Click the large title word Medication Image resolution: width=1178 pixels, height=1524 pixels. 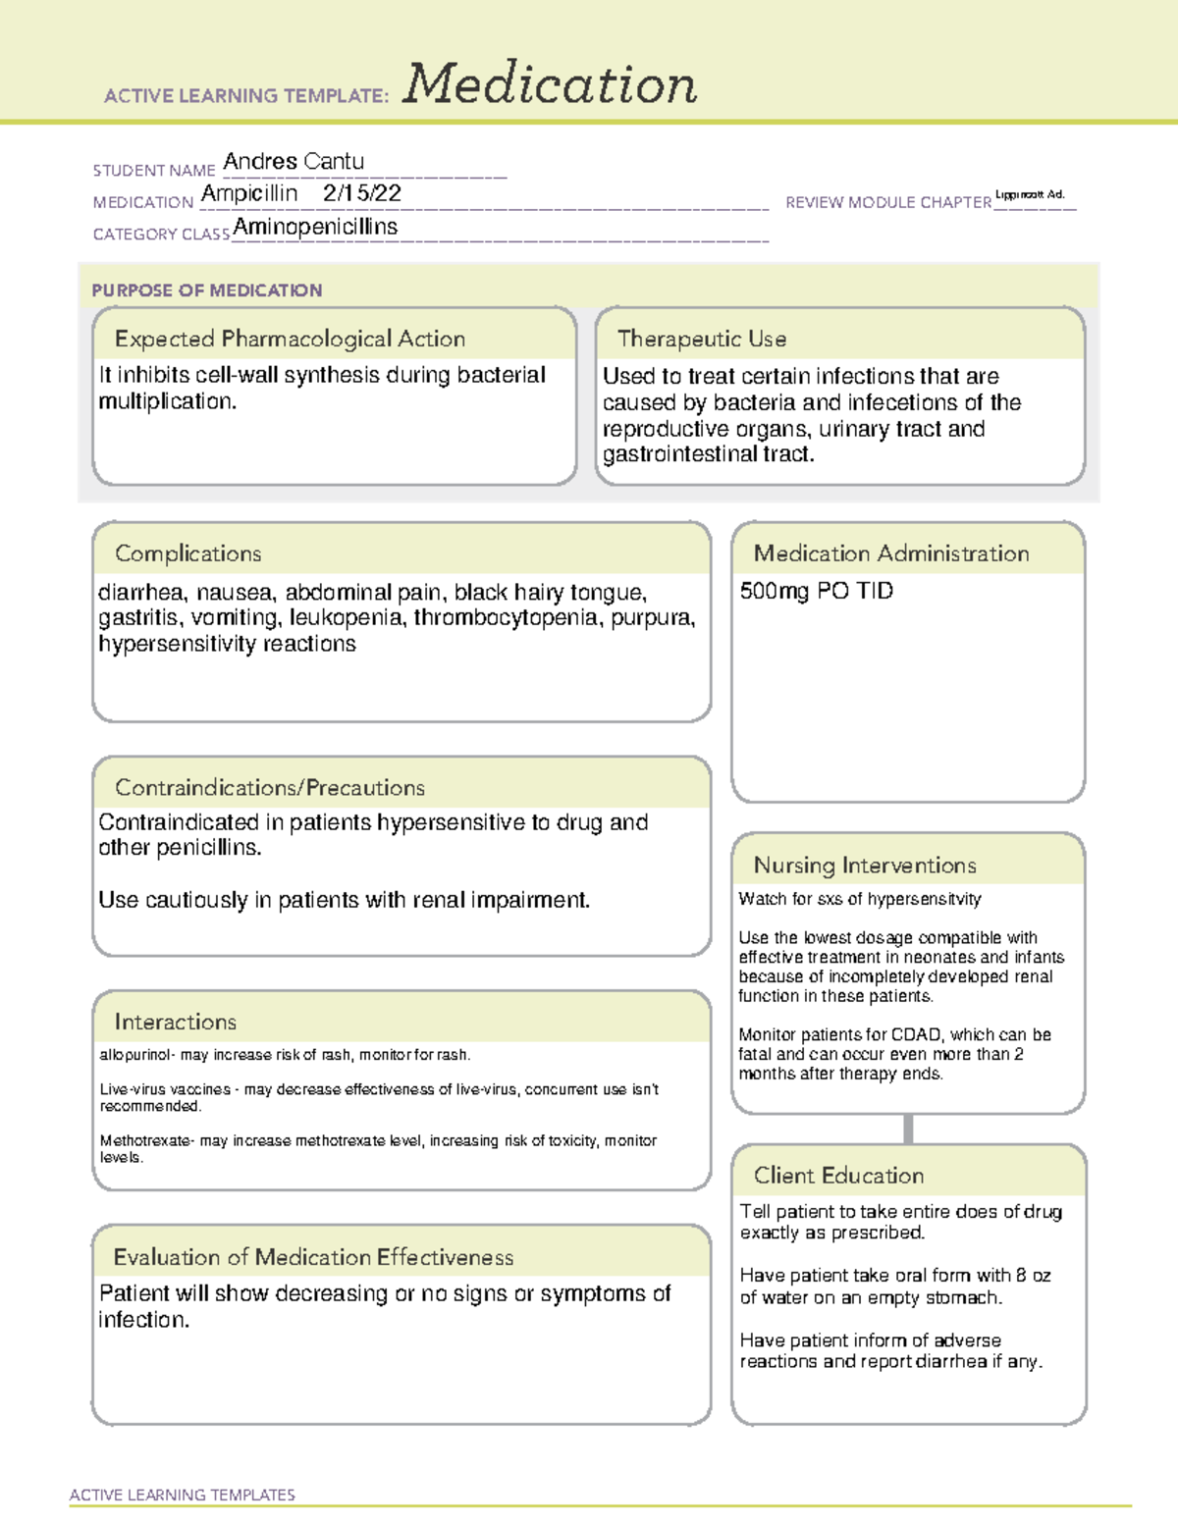point(550,84)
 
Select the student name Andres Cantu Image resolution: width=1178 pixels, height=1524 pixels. point(294,161)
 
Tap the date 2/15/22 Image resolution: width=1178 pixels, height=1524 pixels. point(361,193)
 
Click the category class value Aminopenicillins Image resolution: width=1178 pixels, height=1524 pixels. point(315,227)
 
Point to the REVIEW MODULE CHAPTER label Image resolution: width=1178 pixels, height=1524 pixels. point(887,202)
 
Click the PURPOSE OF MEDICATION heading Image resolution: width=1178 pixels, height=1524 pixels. point(207,290)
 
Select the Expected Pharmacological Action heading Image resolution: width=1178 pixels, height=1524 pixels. point(290,339)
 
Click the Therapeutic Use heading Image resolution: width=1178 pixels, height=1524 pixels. point(702,339)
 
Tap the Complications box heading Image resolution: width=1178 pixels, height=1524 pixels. point(188,553)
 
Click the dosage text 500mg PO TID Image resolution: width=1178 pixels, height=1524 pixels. point(816,591)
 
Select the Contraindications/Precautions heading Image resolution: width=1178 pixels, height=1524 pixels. point(270,787)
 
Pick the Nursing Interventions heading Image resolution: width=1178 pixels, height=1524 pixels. point(865,865)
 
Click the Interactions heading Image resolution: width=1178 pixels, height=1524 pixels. point(176,1022)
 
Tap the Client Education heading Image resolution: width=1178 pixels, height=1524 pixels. point(838,1176)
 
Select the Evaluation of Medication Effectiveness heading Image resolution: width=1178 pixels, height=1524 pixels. point(313,1257)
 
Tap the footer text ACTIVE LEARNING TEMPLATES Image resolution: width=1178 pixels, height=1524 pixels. point(183,1495)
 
